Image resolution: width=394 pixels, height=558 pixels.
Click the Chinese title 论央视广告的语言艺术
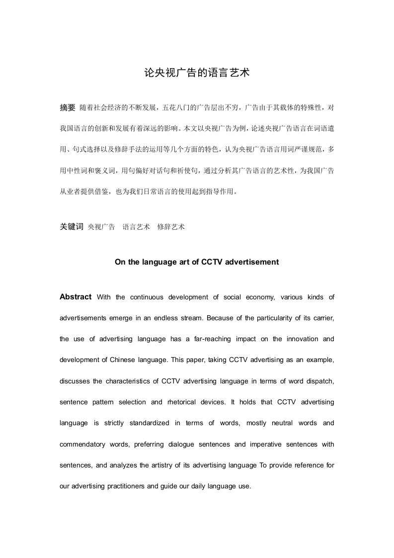(x=197, y=73)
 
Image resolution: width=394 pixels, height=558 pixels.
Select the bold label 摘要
(x=67, y=107)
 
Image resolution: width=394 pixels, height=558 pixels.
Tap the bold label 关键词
(x=71, y=226)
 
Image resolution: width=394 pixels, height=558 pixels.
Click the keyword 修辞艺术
(x=171, y=227)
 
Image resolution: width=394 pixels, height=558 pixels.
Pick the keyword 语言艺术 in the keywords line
(x=136, y=227)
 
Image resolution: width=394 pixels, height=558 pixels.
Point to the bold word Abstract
(x=76, y=297)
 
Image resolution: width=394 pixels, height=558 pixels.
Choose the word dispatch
(x=318, y=381)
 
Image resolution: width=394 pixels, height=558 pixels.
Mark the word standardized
(x=148, y=423)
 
